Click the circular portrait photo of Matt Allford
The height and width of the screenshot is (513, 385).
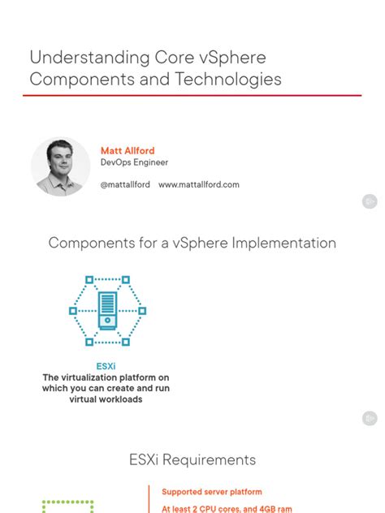pos(61,166)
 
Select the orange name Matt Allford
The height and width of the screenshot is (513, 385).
pos(128,151)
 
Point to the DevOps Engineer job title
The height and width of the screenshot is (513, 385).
pos(133,162)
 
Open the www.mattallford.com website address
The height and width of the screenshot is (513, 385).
pos(199,185)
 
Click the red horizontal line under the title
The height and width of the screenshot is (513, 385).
pos(192,96)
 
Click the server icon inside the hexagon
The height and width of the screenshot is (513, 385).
pos(107,310)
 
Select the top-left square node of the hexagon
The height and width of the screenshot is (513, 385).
pos(90,279)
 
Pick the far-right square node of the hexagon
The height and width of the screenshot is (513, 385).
pos(142,311)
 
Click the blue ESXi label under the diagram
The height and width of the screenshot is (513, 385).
pos(106,366)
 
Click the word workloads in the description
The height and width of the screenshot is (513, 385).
pos(119,399)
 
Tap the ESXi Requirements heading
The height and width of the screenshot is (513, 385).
pos(192,460)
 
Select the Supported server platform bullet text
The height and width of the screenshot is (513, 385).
pos(212,492)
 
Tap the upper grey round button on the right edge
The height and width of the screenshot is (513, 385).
pos(370,200)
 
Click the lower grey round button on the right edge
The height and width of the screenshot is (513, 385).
pos(370,418)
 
